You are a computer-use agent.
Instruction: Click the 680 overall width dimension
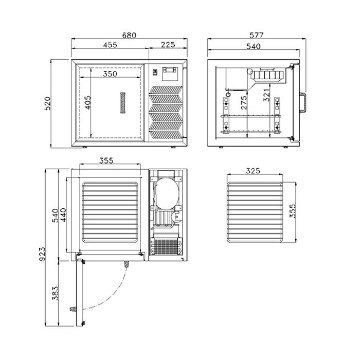click(129, 35)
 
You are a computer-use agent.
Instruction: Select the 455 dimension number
click(110, 45)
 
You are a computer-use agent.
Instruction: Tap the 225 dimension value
click(168, 45)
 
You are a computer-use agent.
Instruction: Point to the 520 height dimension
click(47, 103)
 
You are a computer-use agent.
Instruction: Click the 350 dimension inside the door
click(110, 74)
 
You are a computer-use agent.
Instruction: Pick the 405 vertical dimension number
click(87, 103)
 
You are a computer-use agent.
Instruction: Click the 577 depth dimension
click(257, 35)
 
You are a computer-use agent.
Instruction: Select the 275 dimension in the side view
click(243, 103)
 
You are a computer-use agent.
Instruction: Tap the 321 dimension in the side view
click(266, 95)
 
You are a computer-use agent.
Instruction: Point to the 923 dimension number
click(42, 255)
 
